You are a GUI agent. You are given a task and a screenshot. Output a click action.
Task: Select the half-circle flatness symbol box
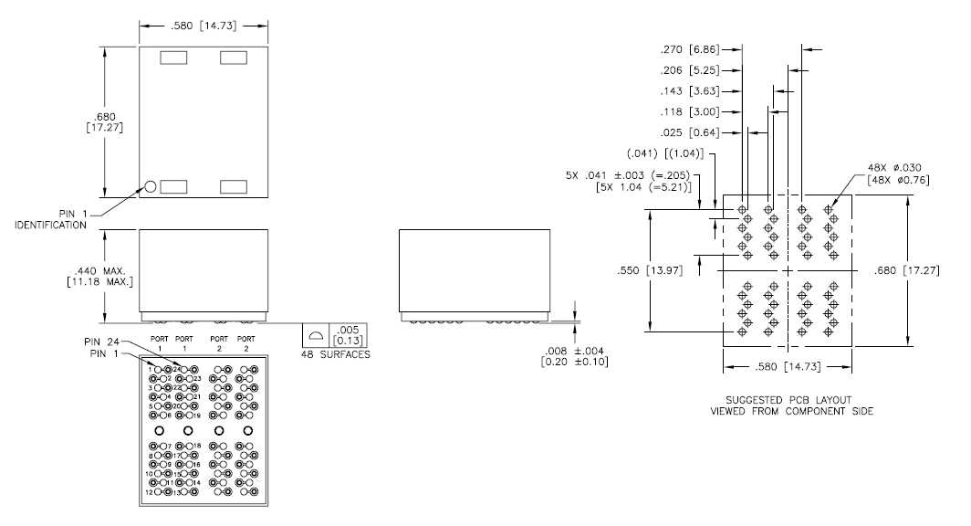[315, 335]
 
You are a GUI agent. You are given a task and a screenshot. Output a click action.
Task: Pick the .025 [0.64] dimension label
[692, 132]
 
